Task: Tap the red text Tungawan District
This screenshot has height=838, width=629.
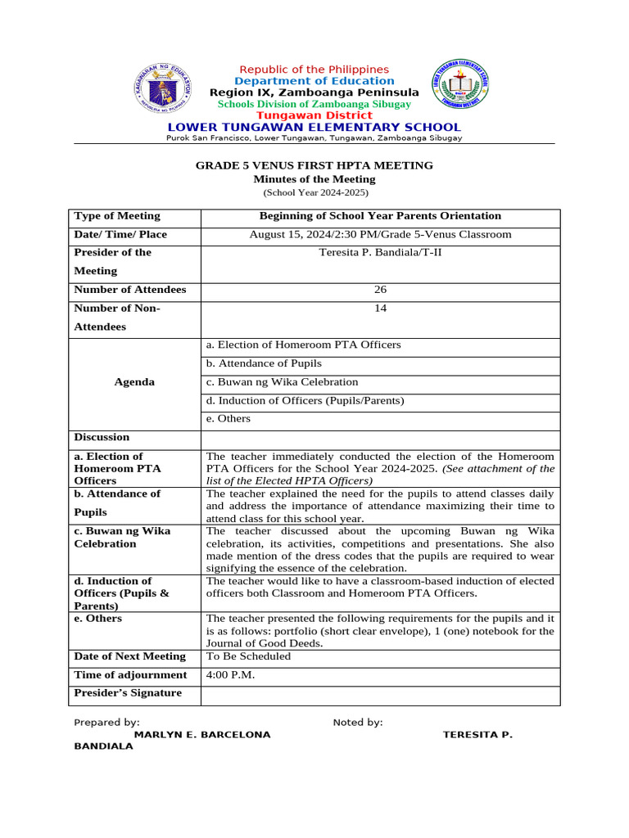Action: (x=314, y=115)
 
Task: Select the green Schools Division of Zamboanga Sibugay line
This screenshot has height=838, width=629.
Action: (x=314, y=105)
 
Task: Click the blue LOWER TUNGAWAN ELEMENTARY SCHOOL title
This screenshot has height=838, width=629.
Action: (x=314, y=127)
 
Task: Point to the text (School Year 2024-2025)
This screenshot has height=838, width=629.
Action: (x=314, y=192)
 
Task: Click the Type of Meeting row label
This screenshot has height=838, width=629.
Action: (x=117, y=216)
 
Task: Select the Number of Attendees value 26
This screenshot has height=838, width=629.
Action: (x=380, y=290)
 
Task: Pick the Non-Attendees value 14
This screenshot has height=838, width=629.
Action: (x=380, y=309)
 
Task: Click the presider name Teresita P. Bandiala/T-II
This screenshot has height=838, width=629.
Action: (x=380, y=253)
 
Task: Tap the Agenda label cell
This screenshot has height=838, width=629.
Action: (x=134, y=382)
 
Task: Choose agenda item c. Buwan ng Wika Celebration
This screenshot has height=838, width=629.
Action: (x=283, y=382)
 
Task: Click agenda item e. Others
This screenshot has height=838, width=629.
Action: (x=229, y=419)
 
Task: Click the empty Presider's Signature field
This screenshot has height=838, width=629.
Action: (x=380, y=695)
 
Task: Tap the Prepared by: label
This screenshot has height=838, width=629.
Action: (x=106, y=723)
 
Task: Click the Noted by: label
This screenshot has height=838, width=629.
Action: (x=358, y=723)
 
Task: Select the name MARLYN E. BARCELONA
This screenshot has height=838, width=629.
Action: (x=201, y=735)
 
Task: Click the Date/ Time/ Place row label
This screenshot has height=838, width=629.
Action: (x=120, y=235)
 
